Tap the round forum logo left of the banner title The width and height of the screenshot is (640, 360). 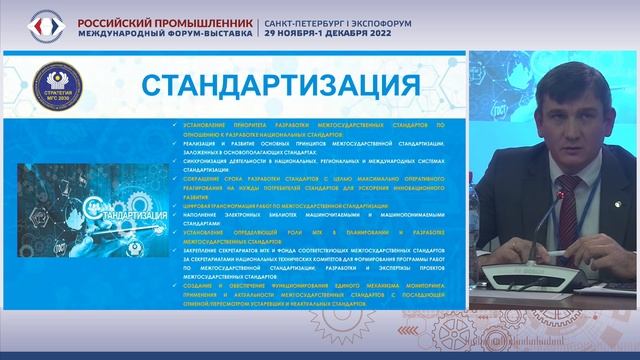click(45, 26)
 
